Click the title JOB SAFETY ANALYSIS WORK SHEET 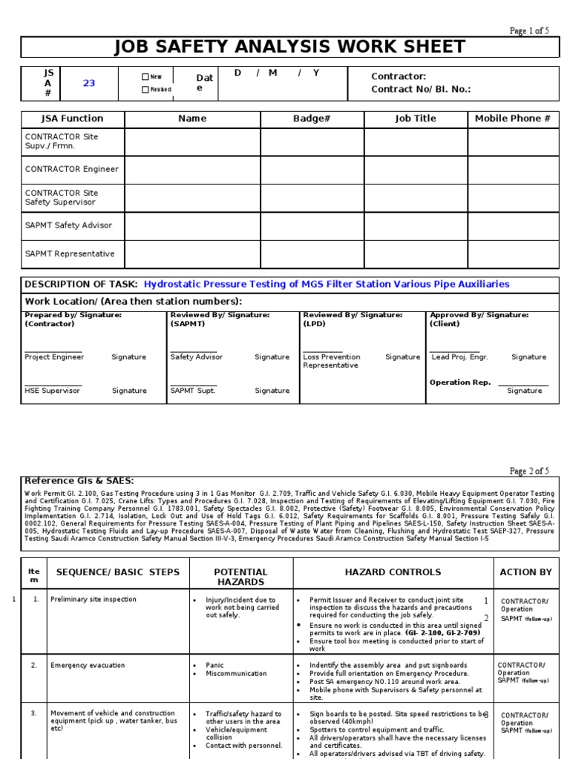click(289, 47)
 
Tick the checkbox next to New click(145, 76)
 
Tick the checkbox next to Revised click(145, 90)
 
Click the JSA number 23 click(89, 83)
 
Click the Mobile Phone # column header click(513, 119)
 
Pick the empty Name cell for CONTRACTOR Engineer click(192, 169)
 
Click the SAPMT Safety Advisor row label click(68, 225)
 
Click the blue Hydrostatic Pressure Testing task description click(327, 284)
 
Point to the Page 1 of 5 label click(528, 30)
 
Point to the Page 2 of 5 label click(528, 471)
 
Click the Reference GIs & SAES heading click(79, 481)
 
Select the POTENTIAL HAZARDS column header click(240, 577)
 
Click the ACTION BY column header click(526, 572)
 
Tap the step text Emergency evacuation click(88, 665)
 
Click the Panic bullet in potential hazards click(216, 665)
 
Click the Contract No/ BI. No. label click(421, 89)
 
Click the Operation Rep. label click(460, 382)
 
